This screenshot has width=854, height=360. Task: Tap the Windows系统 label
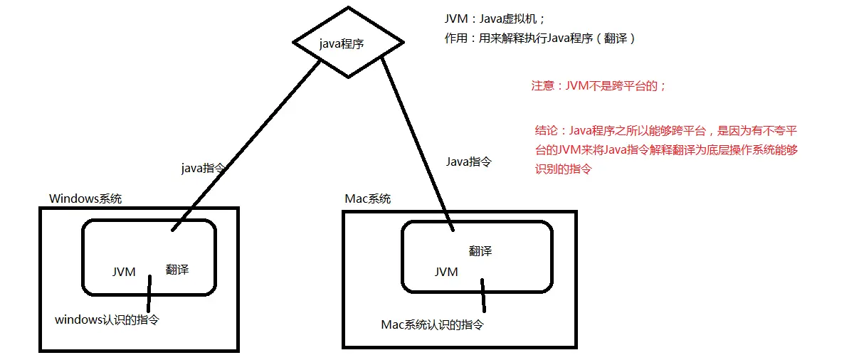click(x=85, y=198)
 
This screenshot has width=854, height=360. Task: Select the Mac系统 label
click(x=367, y=198)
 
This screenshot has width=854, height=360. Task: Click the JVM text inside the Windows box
click(x=124, y=272)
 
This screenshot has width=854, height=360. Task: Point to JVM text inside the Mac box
click(x=446, y=272)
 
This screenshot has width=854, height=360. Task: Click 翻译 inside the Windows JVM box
click(x=177, y=269)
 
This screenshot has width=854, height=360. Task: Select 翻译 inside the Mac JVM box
click(x=480, y=250)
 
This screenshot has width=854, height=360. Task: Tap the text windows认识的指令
click(x=107, y=320)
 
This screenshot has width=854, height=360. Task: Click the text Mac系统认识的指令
click(x=433, y=325)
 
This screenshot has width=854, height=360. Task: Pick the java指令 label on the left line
click(x=204, y=168)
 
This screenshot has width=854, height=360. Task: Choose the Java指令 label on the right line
click(x=468, y=162)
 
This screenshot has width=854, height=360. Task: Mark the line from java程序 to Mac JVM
click(x=416, y=142)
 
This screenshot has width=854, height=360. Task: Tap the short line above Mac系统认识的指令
click(x=483, y=295)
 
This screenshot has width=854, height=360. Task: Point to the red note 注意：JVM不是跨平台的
click(x=599, y=85)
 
